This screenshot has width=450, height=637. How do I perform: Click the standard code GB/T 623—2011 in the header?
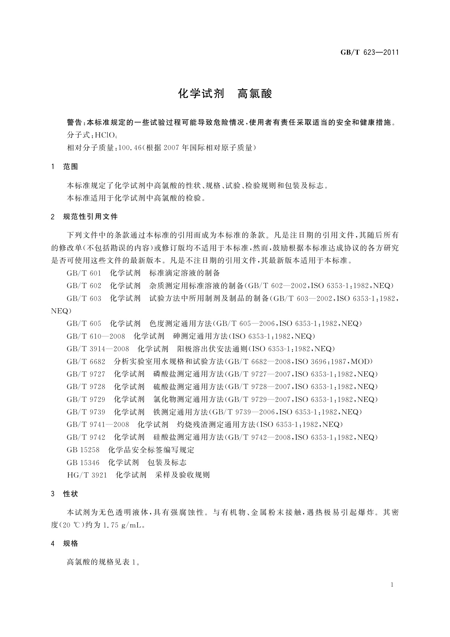coord(370,53)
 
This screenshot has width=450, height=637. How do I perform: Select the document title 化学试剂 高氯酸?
coord(225,94)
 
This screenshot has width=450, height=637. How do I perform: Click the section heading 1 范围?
coord(65,167)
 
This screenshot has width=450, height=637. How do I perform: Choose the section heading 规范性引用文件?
coord(90,217)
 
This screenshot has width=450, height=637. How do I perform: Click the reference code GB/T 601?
coord(84,273)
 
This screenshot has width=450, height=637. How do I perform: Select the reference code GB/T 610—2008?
coord(96,336)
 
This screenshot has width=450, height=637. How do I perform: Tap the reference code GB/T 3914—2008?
coord(98,349)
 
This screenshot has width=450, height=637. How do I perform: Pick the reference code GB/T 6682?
coord(86,361)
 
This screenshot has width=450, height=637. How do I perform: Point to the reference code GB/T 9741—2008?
coord(98,424)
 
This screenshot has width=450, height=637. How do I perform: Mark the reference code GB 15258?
coord(83,450)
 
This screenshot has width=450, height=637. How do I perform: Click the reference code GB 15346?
coord(83,462)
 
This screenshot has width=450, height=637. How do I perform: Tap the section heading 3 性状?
coord(65,494)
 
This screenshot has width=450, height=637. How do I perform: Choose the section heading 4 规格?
coord(65,544)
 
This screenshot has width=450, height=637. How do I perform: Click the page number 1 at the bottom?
coord(392,585)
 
